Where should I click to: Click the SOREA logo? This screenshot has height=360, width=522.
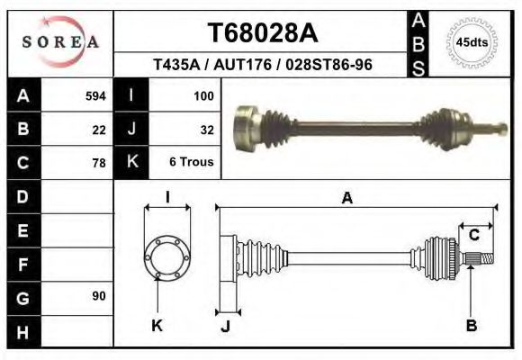(59, 42)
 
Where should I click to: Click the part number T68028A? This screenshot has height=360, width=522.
(263, 33)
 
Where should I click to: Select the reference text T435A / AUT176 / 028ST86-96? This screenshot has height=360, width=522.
(263, 66)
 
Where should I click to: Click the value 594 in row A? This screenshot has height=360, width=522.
(95, 95)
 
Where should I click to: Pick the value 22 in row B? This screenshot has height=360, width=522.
(99, 130)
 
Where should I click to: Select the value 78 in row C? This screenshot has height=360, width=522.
(99, 163)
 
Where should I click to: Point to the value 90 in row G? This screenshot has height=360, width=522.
(99, 296)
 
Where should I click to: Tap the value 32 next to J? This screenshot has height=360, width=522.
(205, 130)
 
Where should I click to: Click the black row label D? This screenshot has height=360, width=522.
(22, 196)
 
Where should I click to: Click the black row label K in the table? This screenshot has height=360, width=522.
(132, 163)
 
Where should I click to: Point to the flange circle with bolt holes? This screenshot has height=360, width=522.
(167, 256)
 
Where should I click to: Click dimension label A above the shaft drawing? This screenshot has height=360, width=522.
(346, 199)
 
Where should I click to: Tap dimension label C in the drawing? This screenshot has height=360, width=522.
(473, 235)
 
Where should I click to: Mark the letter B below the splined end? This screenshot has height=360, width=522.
(471, 326)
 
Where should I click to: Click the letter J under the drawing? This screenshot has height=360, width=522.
(225, 326)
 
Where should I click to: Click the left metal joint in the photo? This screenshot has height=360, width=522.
(247, 125)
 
